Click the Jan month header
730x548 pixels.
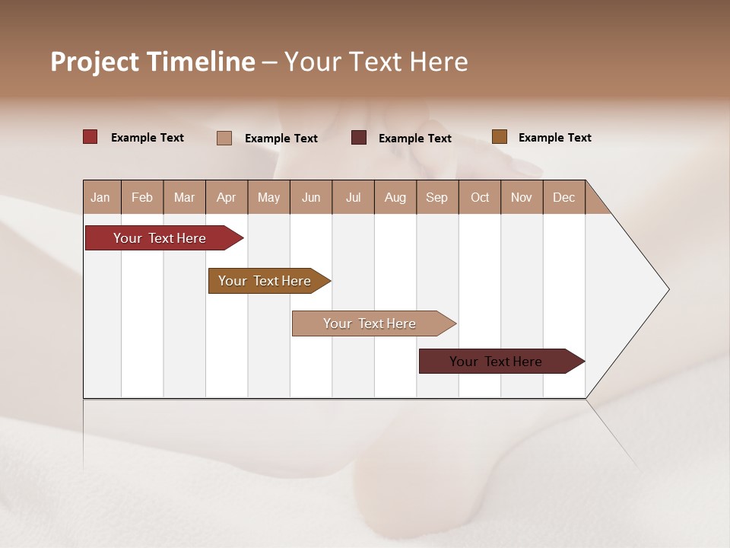tap(100, 197)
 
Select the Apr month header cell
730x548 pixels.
tap(227, 197)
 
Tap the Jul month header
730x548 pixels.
tap(353, 197)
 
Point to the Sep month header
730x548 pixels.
tap(437, 197)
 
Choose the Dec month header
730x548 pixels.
tap(563, 197)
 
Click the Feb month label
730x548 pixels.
tap(142, 197)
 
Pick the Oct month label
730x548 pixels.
tap(480, 197)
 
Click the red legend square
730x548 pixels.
tap(90, 137)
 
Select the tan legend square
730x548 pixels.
tap(224, 138)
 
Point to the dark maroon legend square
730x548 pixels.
tap(359, 138)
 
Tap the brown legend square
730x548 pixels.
tap(500, 137)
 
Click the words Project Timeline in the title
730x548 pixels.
tap(153, 62)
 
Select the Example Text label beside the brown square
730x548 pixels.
tap(554, 138)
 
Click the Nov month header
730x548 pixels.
tap(522, 197)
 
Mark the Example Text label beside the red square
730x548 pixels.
tap(148, 138)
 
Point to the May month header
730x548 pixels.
tap(268, 197)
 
